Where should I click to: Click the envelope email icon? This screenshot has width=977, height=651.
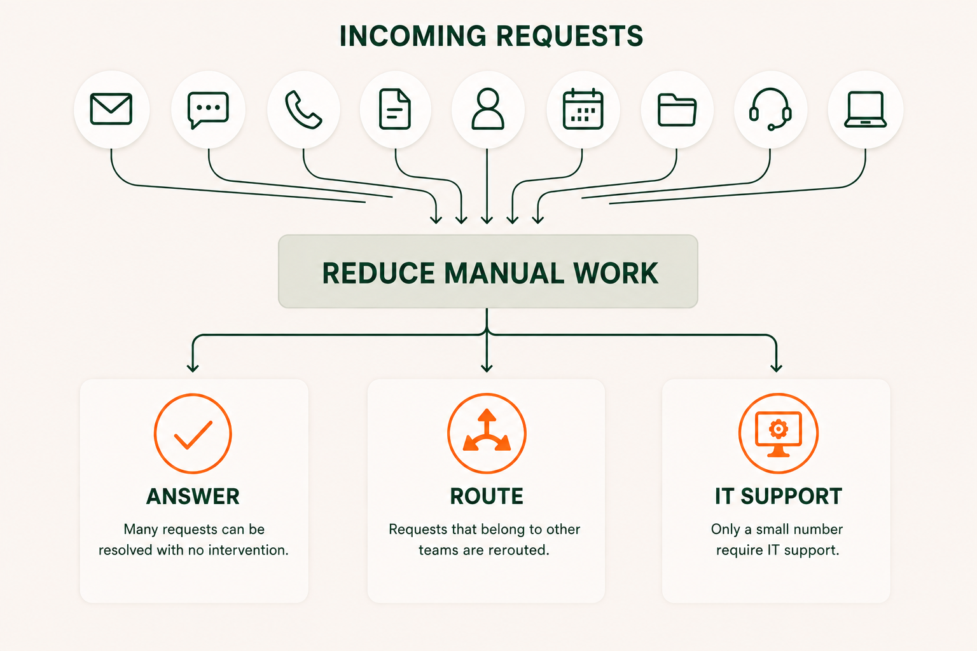(x=111, y=109)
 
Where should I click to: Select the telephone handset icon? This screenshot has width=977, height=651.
(x=303, y=110)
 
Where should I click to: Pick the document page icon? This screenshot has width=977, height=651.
(x=395, y=109)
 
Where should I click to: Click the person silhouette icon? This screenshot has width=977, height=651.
(x=488, y=109)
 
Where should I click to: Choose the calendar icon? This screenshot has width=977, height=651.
(x=583, y=109)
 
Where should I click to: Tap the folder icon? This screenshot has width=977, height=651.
(x=677, y=110)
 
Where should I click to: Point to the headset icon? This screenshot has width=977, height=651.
(x=770, y=109)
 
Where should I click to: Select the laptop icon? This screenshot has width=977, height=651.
(x=865, y=109)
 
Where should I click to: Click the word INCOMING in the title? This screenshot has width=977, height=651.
(x=413, y=36)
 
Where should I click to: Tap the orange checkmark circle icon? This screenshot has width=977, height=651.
(x=193, y=434)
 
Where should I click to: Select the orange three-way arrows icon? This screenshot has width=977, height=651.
(x=487, y=434)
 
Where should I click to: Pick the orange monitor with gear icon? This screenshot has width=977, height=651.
(x=779, y=434)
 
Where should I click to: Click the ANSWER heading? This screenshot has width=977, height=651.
(x=193, y=497)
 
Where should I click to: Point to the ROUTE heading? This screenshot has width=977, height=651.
(x=487, y=497)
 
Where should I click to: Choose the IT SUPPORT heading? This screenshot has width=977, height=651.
(x=779, y=497)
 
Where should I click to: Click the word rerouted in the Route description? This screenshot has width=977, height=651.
(x=518, y=551)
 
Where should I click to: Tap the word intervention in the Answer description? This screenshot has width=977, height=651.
(x=249, y=551)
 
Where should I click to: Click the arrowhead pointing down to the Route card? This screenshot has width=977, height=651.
(x=487, y=367)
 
